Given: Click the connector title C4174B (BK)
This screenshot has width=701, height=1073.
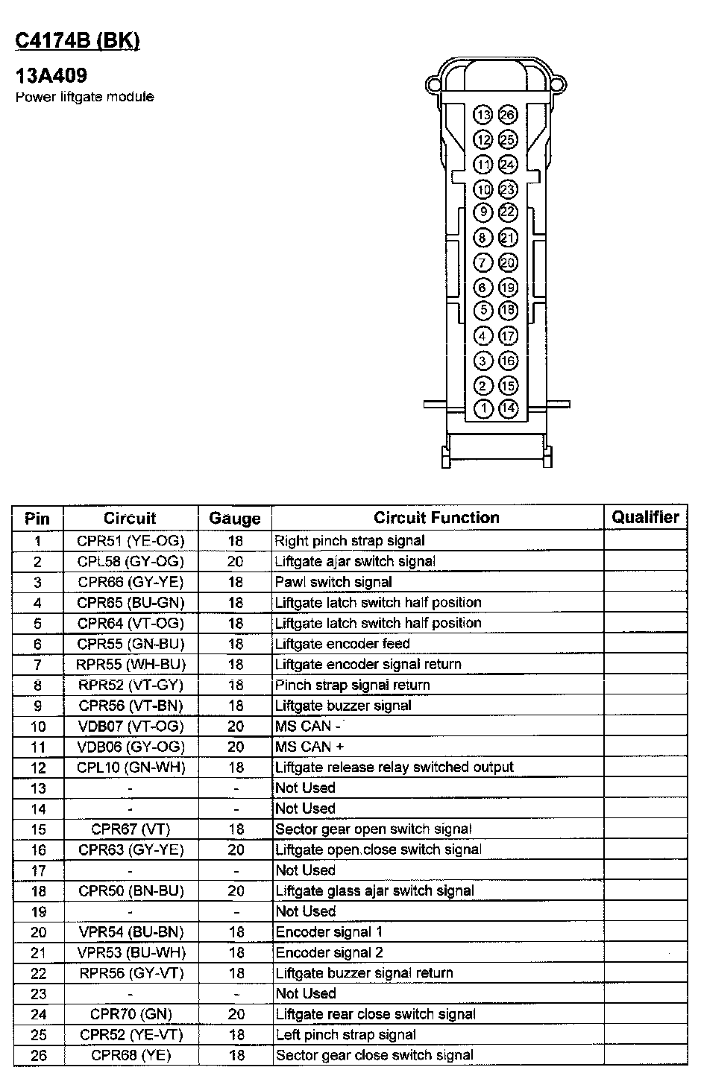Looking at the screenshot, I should click(x=78, y=41).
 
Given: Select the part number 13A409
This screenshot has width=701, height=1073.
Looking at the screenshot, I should click(x=51, y=75).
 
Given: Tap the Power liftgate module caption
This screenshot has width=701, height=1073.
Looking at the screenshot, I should click(x=85, y=97).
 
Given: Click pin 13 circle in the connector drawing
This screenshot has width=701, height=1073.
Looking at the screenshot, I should click(x=483, y=115).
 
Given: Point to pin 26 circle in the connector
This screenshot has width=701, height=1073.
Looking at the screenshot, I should click(x=508, y=115).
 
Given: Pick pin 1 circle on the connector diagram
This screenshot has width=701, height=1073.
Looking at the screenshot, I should click(x=483, y=408).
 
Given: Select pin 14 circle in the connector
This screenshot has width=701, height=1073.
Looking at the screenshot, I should click(x=508, y=408).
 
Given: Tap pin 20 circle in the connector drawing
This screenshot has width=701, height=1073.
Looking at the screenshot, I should click(x=508, y=262).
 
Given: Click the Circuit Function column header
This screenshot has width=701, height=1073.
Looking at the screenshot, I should click(x=436, y=518).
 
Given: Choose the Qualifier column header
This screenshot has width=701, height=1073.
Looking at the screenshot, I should click(x=645, y=517).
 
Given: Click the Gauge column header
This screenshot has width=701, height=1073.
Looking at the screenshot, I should click(x=235, y=519).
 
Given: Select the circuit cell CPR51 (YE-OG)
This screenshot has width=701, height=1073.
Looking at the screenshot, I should click(x=131, y=541).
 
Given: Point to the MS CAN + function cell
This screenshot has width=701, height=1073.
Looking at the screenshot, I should click(x=309, y=747).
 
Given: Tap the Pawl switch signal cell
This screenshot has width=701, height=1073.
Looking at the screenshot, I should click(x=333, y=582).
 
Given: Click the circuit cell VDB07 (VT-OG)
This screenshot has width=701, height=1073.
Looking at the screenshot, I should click(x=131, y=727).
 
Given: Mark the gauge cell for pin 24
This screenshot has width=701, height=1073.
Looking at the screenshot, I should click(x=236, y=1014).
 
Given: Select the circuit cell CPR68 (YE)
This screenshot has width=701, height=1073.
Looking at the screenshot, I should click(x=131, y=1055).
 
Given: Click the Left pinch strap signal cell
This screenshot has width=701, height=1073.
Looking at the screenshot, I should click(x=346, y=1035).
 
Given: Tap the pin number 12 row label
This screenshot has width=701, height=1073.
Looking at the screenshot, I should click(x=38, y=768).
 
